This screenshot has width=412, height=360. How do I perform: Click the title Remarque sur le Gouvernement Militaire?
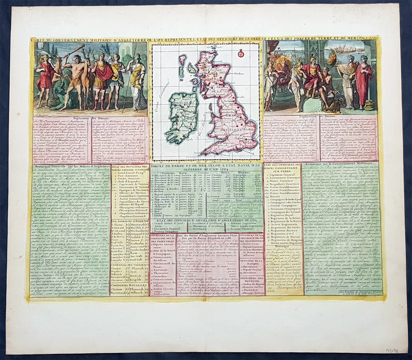pos(341,165)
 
